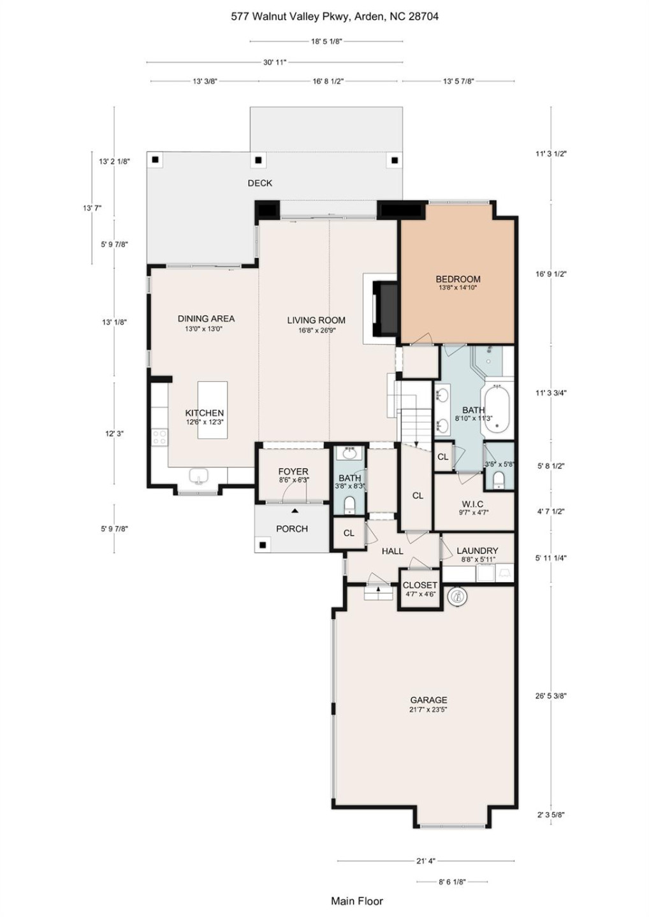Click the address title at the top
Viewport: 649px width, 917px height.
[334, 17]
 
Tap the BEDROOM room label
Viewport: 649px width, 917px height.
[458, 279]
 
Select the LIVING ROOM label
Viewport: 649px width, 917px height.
[316, 320]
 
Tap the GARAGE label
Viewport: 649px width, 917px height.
[428, 700]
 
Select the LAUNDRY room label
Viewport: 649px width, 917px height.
[477, 551]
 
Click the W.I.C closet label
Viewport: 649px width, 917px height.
[472, 504]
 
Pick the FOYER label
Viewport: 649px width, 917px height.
[293, 472]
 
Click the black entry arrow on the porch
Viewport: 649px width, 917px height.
[295, 511]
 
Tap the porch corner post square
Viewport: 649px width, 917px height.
[262, 545]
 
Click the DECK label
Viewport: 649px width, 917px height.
[259, 183]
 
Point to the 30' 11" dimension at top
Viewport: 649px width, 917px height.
[275, 62]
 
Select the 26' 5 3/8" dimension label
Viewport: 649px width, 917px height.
[551, 696]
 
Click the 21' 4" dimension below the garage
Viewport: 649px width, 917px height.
[425, 861]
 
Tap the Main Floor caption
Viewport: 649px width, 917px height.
[357, 901]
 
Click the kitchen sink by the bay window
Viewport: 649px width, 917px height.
[199, 476]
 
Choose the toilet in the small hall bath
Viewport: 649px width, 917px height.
[349, 505]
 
